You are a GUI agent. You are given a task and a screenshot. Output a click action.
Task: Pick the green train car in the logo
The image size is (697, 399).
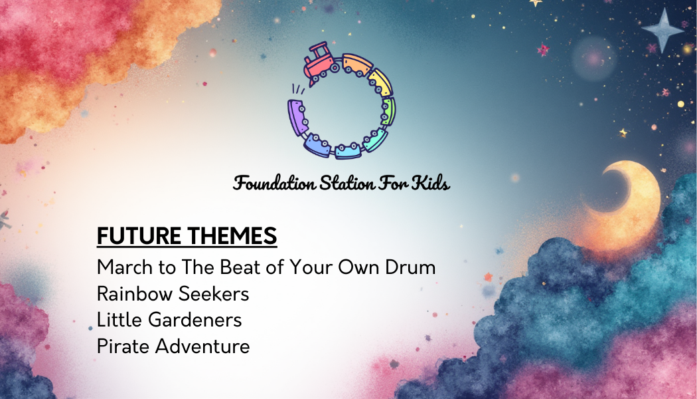pos(388,111)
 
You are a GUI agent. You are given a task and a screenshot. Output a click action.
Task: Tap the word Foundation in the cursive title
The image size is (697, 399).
pos(273,183)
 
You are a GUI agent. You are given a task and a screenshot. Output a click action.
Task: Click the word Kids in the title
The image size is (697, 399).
pos(431,183)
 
